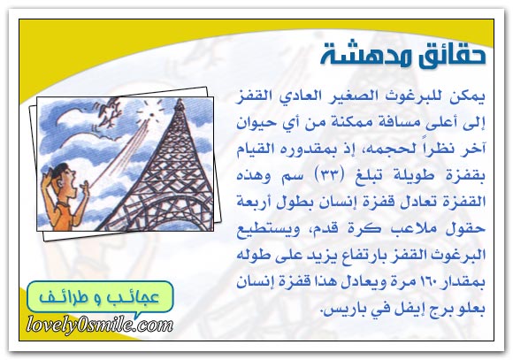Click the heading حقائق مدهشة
pos(402,55)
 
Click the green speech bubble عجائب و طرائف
pos(100,297)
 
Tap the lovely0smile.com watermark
pos(100,326)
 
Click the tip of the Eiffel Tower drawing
pos(179,99)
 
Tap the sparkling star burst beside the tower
pos(150,112)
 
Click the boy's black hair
pos(59,170)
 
